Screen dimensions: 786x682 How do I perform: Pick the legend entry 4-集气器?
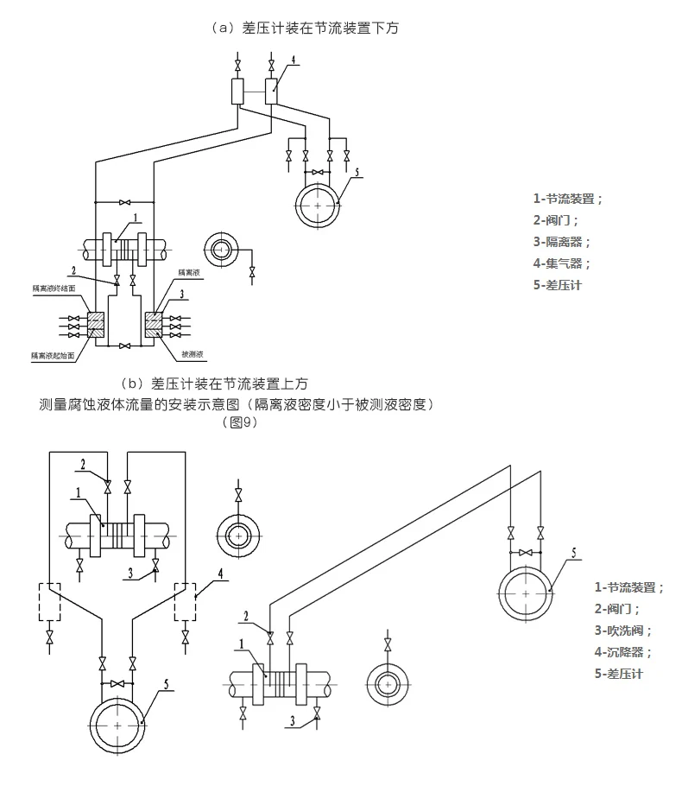click(x=562, y=263)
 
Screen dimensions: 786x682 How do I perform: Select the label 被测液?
click(x=193, y=354)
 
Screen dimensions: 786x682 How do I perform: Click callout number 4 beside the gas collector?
click(x=294, y=60)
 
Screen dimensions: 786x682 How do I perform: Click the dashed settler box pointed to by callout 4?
click(x=186, y=601)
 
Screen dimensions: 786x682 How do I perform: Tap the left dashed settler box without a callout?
click(x=49, y=601)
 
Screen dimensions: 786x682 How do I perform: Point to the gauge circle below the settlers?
click(x=117, y=726)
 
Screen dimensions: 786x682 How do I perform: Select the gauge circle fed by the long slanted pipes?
click(x=527, y=594)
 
